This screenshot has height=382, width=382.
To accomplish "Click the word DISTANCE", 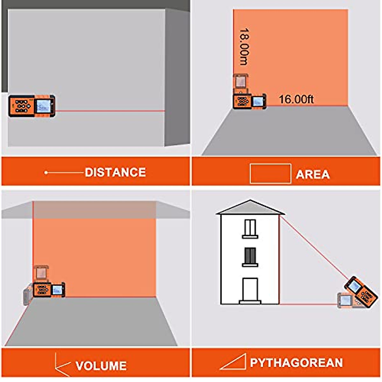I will [115, 173].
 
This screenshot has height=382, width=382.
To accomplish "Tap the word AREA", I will [313, 174].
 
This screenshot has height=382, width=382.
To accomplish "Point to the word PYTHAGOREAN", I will [296, 363].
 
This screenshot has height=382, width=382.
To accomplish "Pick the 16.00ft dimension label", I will [296, 99].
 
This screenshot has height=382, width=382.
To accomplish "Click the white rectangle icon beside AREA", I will [270, 173].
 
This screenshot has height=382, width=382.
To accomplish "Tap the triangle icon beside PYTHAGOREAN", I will [233, 362].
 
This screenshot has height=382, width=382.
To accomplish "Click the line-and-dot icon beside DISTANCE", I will [64, 173].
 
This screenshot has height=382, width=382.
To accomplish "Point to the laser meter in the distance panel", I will [32, 106].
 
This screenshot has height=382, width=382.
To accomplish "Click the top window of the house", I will [250, 228].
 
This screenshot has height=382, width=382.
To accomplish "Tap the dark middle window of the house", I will [250, 257].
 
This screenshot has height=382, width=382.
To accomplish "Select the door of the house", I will [250, 290].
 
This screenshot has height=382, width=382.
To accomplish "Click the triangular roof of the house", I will [250, 208].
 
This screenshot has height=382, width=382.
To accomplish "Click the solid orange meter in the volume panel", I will [49, 290].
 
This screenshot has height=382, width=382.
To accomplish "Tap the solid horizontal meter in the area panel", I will [250, 102].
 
